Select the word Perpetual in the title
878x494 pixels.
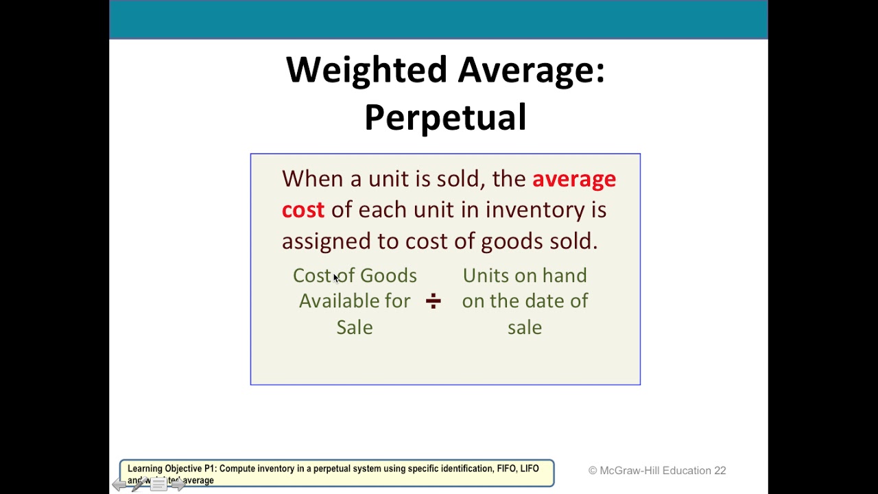click(x=445, y=118)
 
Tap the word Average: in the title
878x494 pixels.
click(x=532, y=71)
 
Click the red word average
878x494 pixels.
click(x=574, y=179)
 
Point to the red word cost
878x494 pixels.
click(x=302, y=210)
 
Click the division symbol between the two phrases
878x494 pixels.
click(x=433, y=301)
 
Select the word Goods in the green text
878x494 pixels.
click(x=388, y=276)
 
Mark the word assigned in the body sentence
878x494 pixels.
click(x=326, y=242)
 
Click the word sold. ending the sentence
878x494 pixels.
click(x=573, y=242)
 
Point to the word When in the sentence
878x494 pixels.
click(x=312, y=179)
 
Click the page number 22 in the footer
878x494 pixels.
click(x=720, y=471)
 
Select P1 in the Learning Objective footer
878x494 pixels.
click(x=210, y=469)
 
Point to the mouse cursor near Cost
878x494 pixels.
click(x=336, y=278)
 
